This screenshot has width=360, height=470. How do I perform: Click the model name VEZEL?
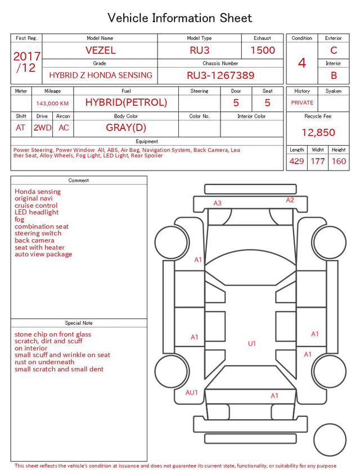click(x=100, y=50)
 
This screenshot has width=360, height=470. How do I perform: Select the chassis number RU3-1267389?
click(x=220, y=75)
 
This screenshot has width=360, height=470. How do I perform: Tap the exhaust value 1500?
click(x=263, y=50)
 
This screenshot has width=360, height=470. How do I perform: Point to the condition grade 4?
click(x=302, y=63)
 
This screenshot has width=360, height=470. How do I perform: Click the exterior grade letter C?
click(x=334, y=50)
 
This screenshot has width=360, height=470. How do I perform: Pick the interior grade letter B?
click(x=334, y=75)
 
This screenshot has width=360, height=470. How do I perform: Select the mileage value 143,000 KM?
click(x=52, y=104)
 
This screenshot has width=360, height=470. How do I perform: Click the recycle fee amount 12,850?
click(x=318, y=132)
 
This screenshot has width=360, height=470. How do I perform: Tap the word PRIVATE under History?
click(x=302, y=102)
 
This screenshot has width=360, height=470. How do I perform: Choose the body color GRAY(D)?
click(x=126, y=128)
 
